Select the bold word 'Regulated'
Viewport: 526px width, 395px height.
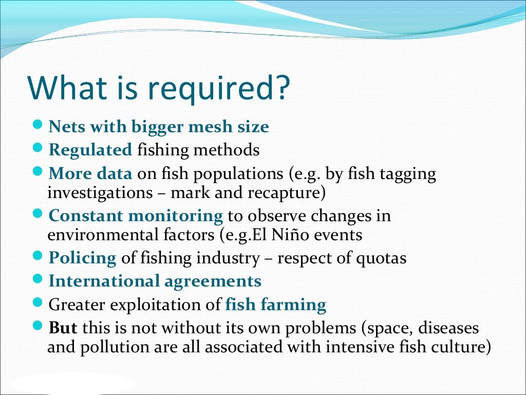coord(90,150)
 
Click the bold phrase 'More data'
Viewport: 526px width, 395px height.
coord(90,174)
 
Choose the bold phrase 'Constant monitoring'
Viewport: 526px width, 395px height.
coord(136,216)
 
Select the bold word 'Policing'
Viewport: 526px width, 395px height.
coord(82,258)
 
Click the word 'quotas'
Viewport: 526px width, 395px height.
coord(381,258)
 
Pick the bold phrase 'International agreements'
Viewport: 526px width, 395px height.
coord(155,281)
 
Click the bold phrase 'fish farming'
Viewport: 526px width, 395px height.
coord(276,305)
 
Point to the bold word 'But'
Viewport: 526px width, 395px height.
coord(63,328)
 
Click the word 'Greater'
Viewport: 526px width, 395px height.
coord(77,306)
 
